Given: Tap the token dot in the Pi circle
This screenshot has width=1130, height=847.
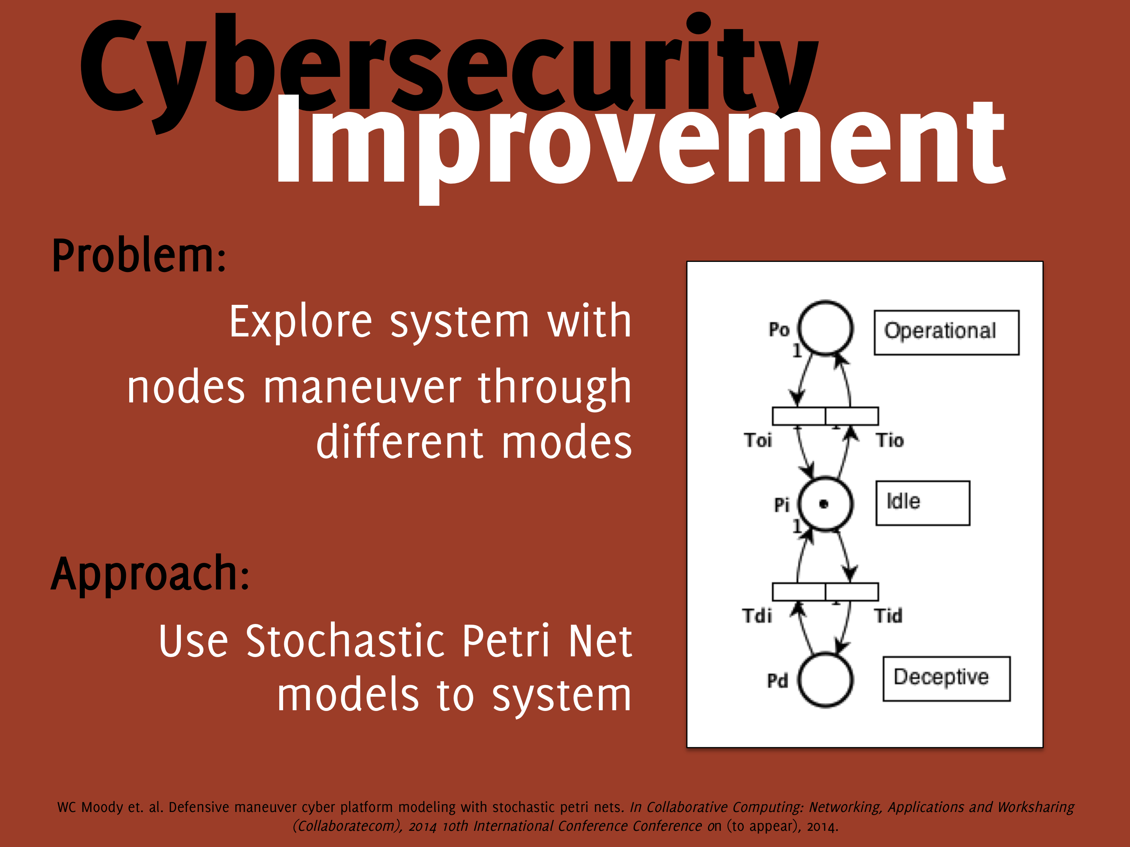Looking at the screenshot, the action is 824,504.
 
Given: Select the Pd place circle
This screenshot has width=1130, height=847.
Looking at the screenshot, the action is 825,654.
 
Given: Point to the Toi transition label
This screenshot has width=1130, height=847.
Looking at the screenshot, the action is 758,440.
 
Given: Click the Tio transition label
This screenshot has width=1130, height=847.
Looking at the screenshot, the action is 890,440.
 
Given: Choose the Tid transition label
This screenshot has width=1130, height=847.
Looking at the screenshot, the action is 888,616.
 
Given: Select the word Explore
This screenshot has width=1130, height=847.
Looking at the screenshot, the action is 300,322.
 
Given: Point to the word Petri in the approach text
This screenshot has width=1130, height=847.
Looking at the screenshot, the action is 506,641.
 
